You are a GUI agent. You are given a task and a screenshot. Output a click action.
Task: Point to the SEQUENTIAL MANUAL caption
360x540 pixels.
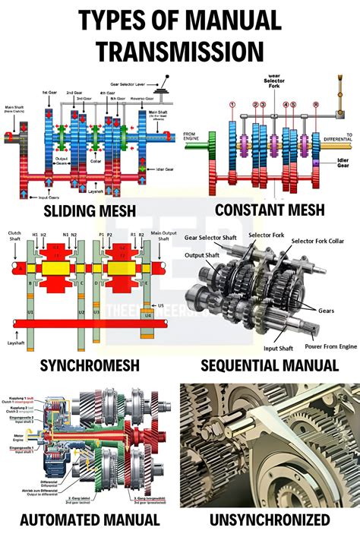(x=270, y=365)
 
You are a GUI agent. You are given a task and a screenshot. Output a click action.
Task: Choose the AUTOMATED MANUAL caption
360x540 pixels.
(x=90, y=520)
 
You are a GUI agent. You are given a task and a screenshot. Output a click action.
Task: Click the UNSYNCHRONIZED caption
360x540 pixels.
(x=270, y=520)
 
